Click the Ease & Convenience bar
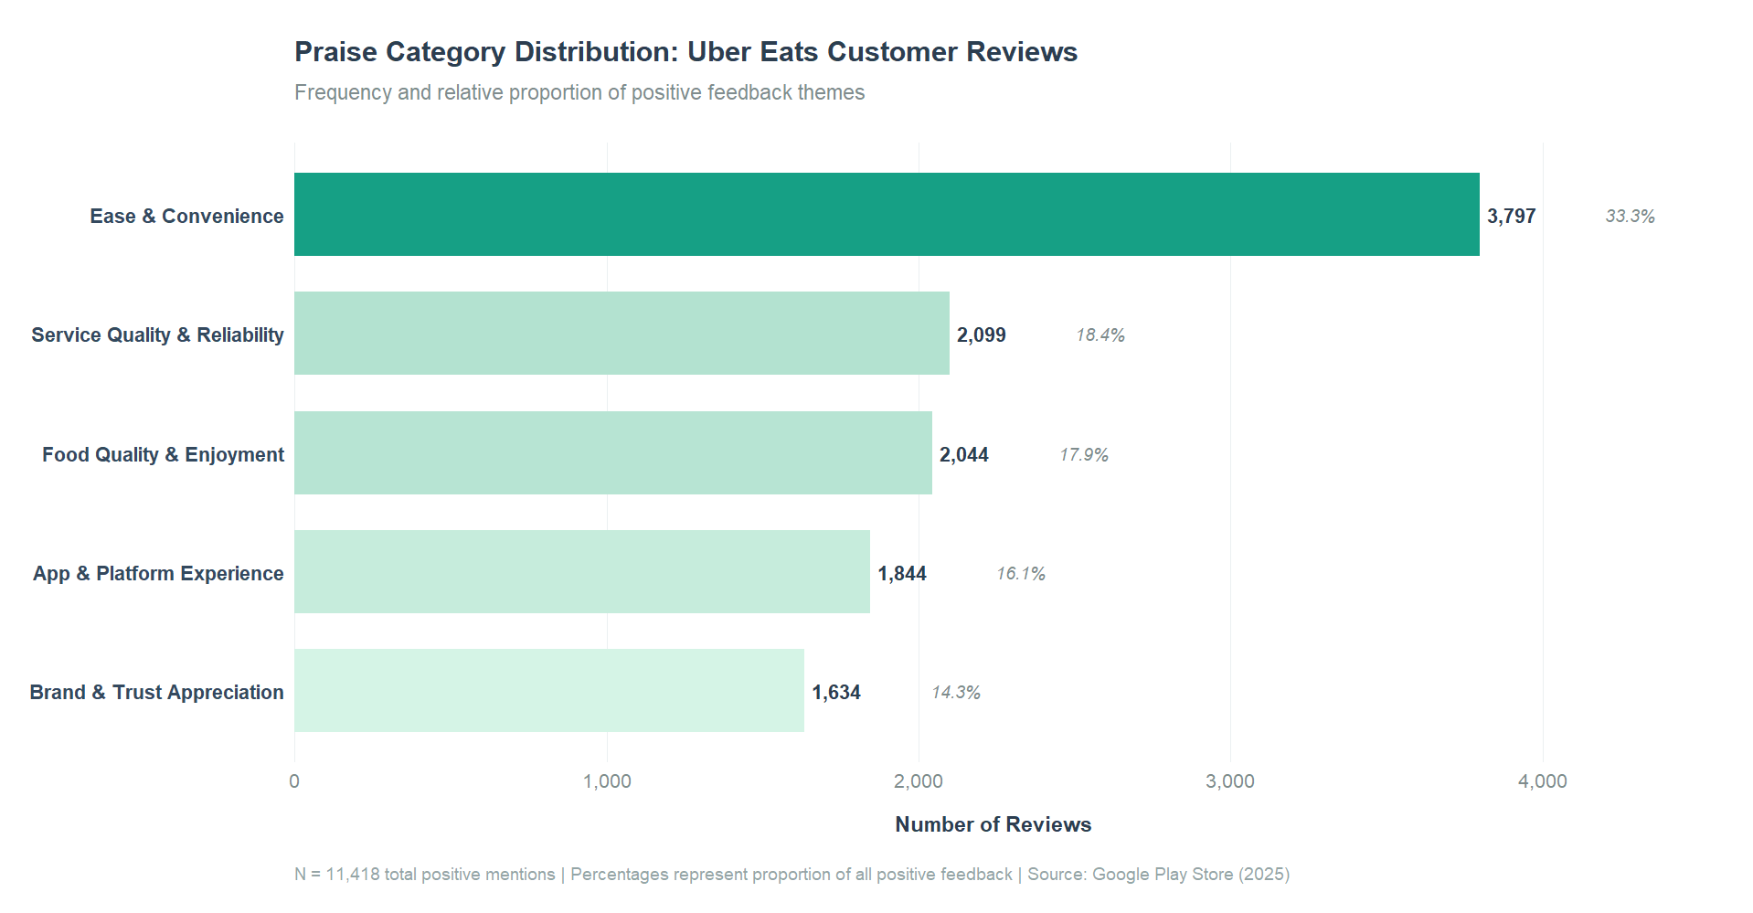click(887, 214)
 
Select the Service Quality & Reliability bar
click(622, 333)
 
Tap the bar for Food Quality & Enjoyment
click(612, 452)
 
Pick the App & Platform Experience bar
click(581, 571)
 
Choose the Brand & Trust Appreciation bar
click(548, 690)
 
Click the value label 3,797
click(1511, 217)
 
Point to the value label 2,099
click(981, 335)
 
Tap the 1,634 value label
click(835, 693)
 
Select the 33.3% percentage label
click(1630, 217)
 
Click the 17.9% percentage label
click(1083, 455)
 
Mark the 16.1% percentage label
click(1020, 574)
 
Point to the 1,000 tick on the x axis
click(607, 781)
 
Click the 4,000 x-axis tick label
click(1542, 781)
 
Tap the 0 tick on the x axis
click(294, 781)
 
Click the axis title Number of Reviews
click(993, 824)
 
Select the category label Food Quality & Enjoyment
click(163, 455)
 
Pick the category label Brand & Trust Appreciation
click(156, 693)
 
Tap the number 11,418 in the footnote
click(353, 875)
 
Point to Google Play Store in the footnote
click(1163, 875)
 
